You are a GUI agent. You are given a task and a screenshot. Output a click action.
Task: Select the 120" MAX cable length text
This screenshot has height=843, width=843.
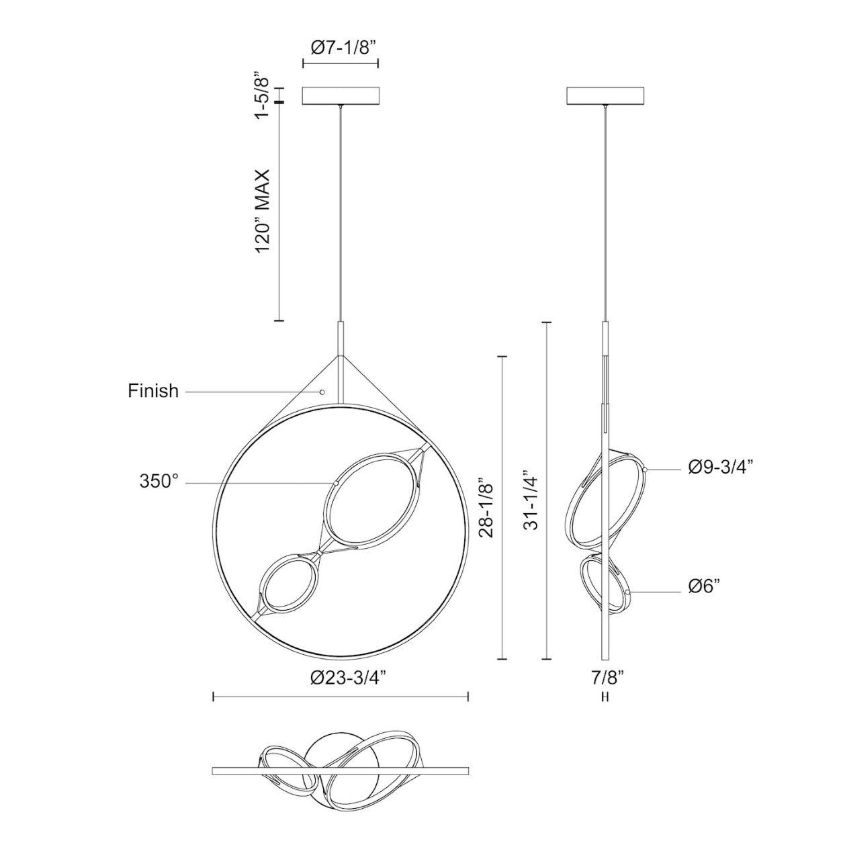click(x=263, y=210)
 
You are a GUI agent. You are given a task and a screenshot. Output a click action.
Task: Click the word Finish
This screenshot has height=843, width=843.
click(x=153, y=391)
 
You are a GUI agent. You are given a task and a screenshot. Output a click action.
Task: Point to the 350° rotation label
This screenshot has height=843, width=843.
click(x=159, y=481)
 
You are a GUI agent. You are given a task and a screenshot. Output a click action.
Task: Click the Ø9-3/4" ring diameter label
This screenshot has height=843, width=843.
click(x=720, y=468)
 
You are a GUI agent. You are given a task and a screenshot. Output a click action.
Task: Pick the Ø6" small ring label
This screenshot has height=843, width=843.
click(x=704, y=586)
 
